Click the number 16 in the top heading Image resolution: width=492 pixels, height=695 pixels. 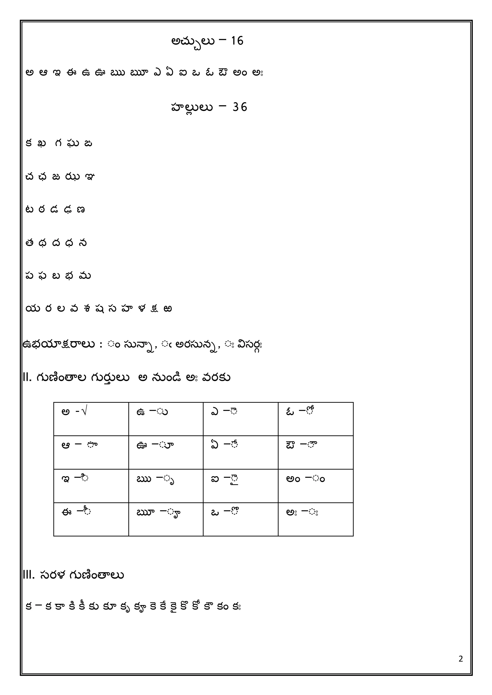click(x=237, y=41)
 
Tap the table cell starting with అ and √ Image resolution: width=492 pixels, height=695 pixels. click(x=91, y=419)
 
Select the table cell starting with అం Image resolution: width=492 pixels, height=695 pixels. click(x=315, y=486)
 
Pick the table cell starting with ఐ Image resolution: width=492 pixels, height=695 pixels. click(x=240, y=486)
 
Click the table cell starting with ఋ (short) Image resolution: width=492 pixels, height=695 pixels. click(x=166, y=486)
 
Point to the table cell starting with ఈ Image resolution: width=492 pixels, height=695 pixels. click(x=91, y=519)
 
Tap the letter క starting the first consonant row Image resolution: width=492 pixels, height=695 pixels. click(x=29, y=144)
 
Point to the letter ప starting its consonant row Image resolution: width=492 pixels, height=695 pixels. click(x=29, y=276)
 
